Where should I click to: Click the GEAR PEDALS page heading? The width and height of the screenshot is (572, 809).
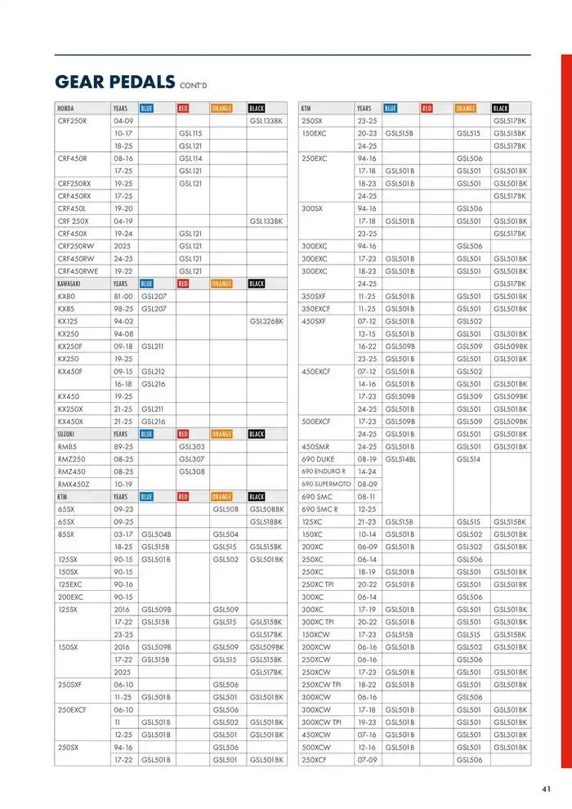114,82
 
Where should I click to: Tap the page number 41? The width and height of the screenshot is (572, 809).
547,789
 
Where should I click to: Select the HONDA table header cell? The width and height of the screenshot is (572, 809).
66,108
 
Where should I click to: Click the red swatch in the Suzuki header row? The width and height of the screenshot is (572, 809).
183,434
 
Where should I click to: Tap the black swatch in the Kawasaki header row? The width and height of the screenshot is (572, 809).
257,284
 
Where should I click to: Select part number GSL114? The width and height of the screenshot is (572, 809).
190,158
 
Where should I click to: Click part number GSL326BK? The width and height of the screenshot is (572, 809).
266,321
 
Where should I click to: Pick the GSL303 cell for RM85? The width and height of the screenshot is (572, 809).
191,446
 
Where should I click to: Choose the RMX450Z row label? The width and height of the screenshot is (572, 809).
73,484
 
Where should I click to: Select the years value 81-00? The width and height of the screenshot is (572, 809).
123,296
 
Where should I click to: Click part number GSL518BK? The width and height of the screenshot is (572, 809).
266,521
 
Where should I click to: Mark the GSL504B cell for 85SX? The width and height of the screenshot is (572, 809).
156,534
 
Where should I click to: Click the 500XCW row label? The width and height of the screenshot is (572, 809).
316,747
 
